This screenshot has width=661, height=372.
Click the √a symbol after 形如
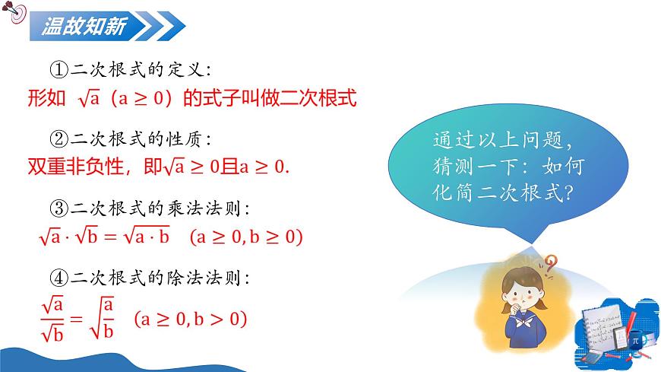(x=87, y=98)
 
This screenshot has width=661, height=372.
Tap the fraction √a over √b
(x=52, y=317)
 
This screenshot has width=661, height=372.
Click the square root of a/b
(x=103, y=317)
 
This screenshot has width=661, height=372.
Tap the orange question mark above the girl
(x=549, y=263)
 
